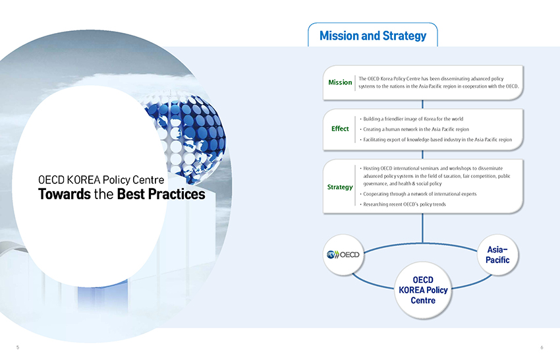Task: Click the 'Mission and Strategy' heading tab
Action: pos(372,36)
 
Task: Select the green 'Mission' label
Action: pos(340,82)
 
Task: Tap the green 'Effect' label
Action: pos(340,129)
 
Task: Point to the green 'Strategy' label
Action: pos(340,187)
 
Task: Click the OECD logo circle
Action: pos(343,255)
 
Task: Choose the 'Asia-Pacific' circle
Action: pos(497,255)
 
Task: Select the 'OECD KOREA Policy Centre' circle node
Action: pos(423,290)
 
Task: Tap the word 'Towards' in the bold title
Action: pos(65,194)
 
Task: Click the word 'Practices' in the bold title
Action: pos(177,194)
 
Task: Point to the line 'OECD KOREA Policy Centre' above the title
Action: pos(101,179)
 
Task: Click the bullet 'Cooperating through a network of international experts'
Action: pos(418,194)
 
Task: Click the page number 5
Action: pos(18,347)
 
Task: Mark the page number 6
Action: pos(542,347)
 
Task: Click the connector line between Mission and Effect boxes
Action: pos(422,104)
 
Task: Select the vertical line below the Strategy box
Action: pos(422,228)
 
